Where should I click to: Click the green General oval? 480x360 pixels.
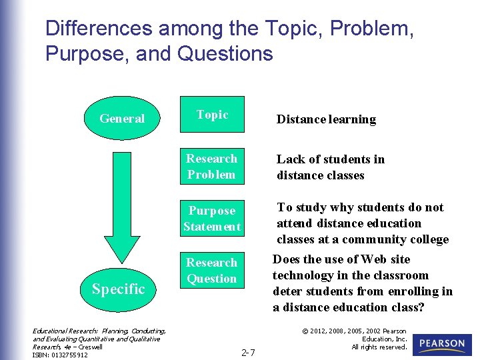(123, 119)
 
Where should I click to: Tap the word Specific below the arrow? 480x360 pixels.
(119, 289)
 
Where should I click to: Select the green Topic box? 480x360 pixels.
(212, 115)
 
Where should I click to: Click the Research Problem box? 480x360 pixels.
(212, 167)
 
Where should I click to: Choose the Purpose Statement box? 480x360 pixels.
(212, 219)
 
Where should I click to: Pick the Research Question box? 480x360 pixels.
(212, 271)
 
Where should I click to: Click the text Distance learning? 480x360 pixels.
(326, 120)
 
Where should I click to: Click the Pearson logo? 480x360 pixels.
(442, 344)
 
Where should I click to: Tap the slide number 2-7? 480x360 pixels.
(248, 352)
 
